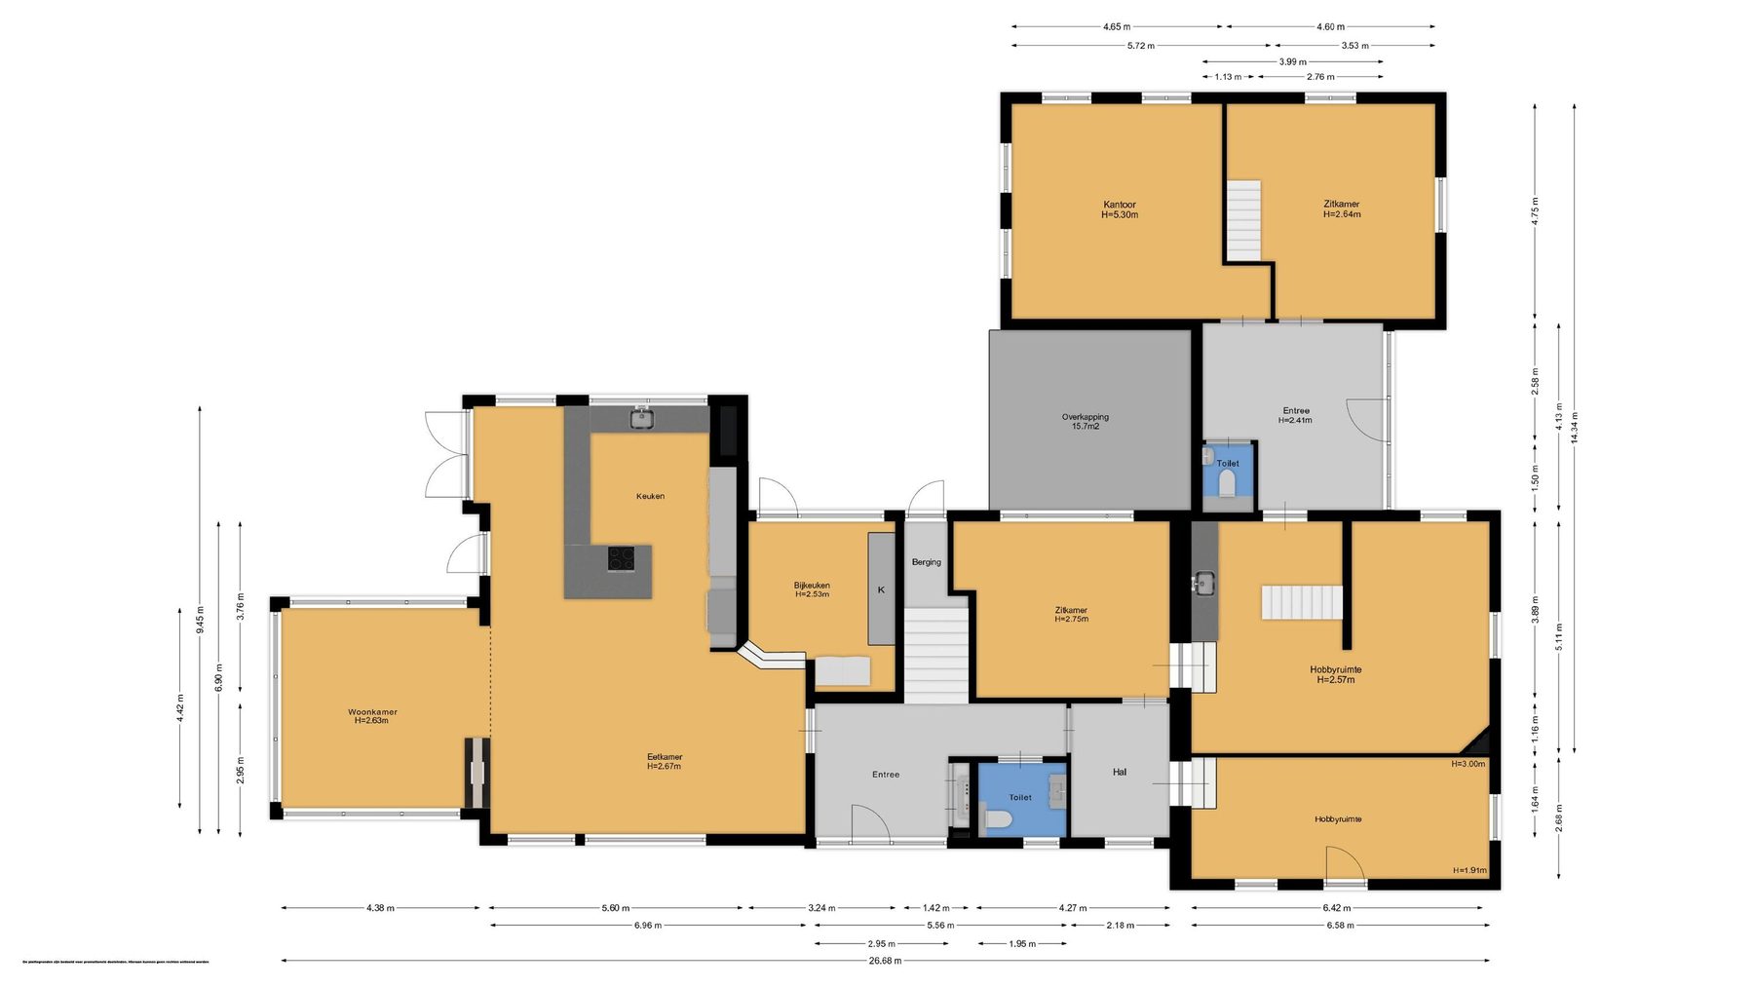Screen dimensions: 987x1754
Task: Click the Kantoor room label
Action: point(1120,209)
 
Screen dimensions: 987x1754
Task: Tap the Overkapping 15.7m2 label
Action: point(1085,421)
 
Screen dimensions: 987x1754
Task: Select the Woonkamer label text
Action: point(372,716)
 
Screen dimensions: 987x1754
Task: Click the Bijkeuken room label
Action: point(812,589)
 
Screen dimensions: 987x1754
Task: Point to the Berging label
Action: point(926,562)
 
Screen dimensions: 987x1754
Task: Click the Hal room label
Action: point(1120,772)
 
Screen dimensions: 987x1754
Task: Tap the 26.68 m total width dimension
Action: point(885,961)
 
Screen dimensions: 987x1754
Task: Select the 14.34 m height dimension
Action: point(1575,428)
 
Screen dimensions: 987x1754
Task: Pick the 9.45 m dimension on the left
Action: point(201,619)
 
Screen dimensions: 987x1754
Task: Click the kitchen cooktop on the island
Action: point(621,558)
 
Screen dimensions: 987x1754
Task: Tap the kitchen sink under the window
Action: point(640,419)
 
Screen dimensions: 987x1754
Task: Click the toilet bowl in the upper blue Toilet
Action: point(1227,483)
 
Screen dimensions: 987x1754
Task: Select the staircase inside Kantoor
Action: point(1243,220)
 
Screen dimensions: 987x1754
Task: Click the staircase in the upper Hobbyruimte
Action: point(1302,602)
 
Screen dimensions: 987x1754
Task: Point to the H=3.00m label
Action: point(1468,764)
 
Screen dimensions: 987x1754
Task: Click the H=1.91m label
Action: point(1468,870)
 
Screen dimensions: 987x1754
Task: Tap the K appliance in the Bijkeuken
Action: point(881,589)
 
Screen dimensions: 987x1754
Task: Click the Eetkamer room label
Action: point(665,761)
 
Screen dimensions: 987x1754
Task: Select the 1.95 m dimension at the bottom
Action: point(1021,943)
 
